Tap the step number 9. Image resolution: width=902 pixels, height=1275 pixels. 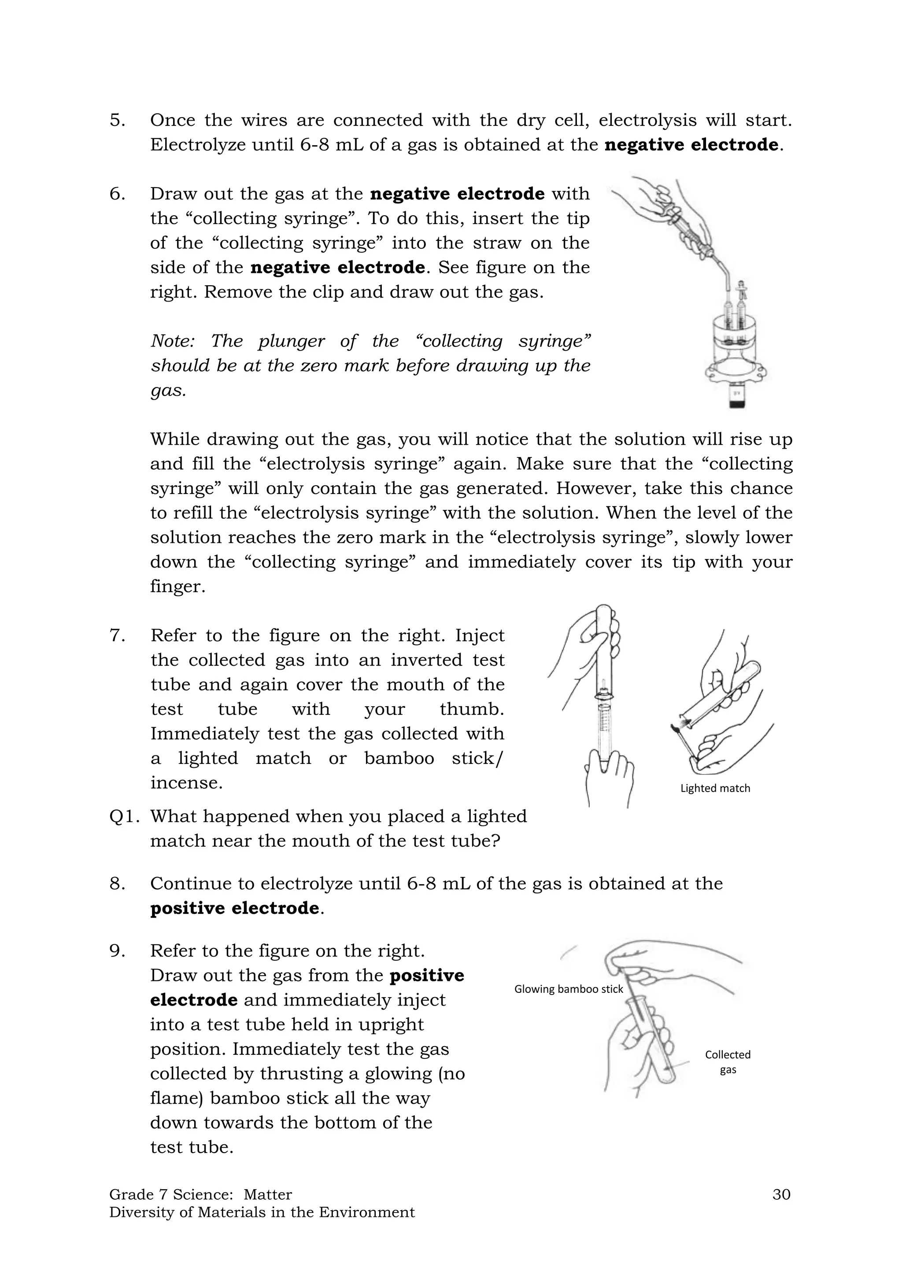[117, 951]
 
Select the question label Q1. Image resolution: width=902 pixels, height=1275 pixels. [124, 816]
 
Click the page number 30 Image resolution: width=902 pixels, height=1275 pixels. [781, 1194]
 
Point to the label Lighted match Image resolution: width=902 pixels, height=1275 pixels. [715, 788]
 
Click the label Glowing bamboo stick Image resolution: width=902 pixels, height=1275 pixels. [568, 989]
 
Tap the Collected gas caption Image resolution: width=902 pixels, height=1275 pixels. [728, 1062]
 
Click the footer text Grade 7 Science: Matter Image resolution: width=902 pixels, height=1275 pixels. [200, 1194]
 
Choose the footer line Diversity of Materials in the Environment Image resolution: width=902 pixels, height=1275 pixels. [262, 1212]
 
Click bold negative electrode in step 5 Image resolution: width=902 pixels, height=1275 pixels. [691, 145]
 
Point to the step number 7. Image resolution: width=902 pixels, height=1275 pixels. [117, 635]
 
